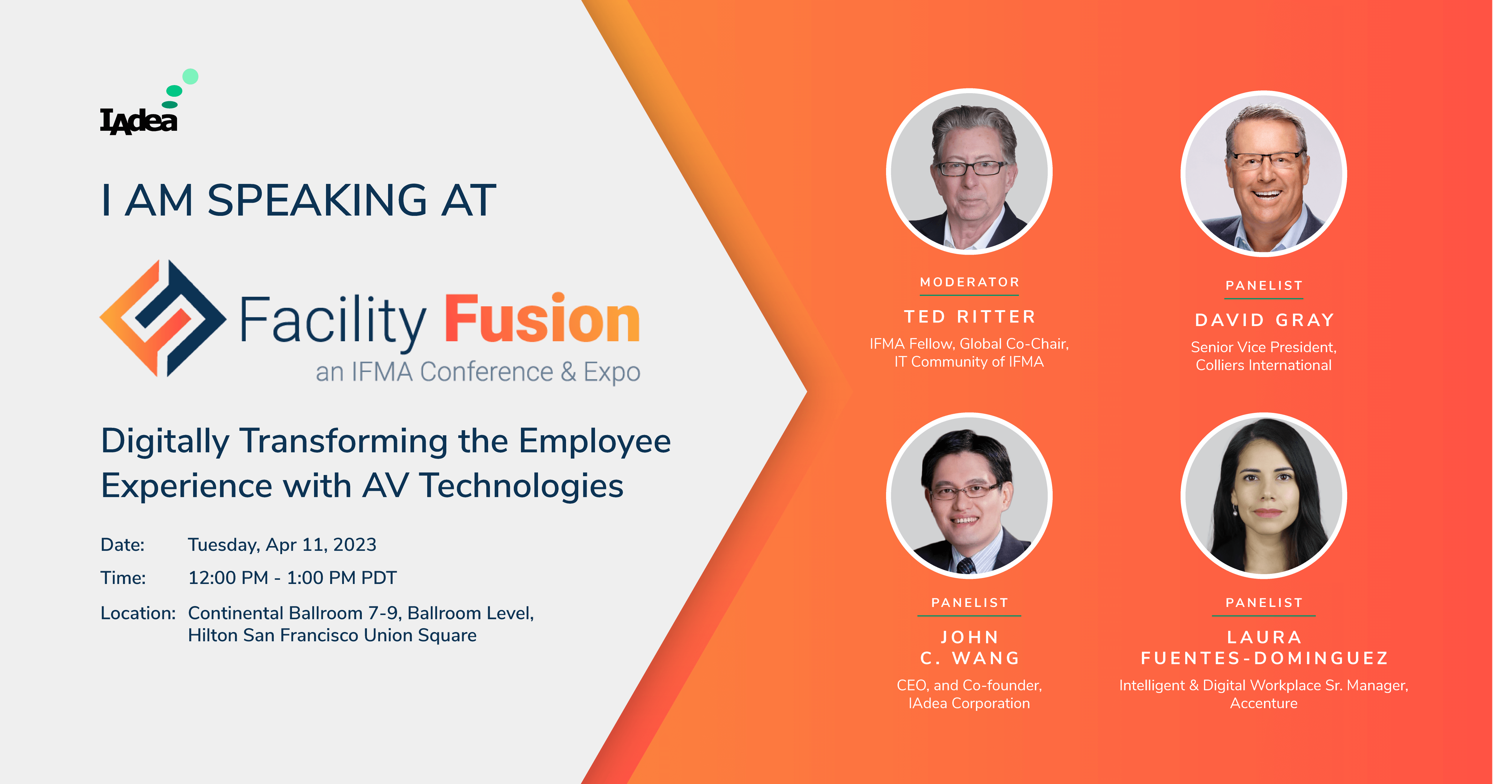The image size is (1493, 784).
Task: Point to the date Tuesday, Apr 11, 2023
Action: point(282,545)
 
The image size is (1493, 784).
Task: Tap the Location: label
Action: point(138,613)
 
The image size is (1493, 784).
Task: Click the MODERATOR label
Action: point(970,282)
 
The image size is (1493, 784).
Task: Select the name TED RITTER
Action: point(970,317)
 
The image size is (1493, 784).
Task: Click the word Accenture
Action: point(1264,703)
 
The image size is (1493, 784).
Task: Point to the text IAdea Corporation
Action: point(969,703)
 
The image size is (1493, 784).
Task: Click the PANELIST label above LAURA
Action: point(1264,603)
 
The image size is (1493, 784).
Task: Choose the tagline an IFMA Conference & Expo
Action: point(478,372)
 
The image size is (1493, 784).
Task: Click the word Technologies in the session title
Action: point(522,485)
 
